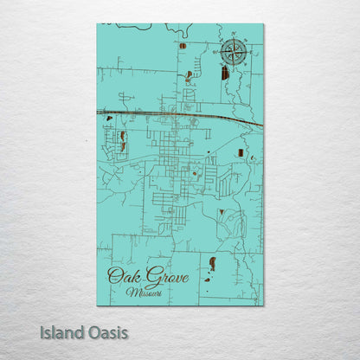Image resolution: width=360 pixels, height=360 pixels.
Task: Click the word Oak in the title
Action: click(121, 277)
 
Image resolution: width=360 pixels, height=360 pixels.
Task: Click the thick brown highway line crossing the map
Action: click(173, 114)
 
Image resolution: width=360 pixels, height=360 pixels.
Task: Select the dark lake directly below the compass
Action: click(225, 74)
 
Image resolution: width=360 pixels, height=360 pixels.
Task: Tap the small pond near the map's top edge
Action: click(183, 45)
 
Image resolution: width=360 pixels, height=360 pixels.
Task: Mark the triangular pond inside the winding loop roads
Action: click(222, 211)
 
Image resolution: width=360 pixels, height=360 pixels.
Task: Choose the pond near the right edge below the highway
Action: click(240, 153)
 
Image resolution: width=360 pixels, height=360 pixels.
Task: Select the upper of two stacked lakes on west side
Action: click(124, 136)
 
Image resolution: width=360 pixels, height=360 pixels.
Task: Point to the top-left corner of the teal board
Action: click(97, 24)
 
